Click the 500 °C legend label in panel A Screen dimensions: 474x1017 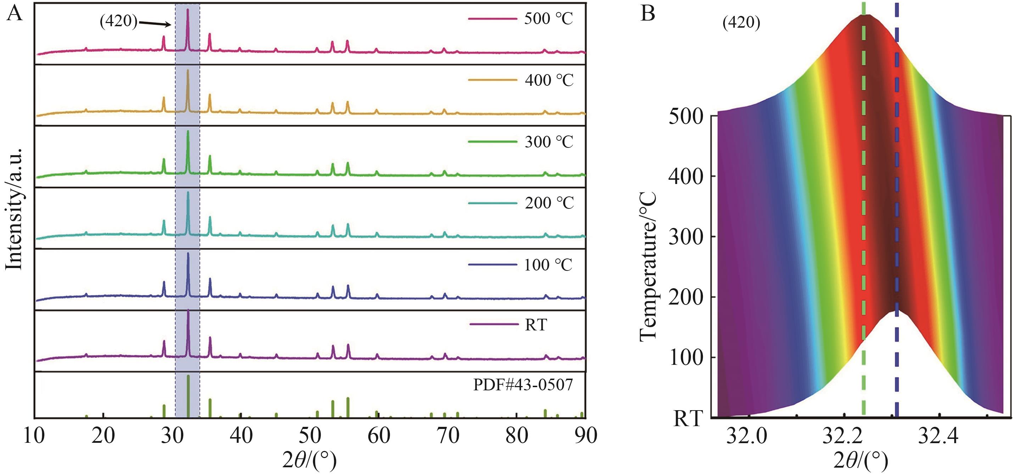(x=548, y=18)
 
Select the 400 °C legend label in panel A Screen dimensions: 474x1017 (x=549, y=80)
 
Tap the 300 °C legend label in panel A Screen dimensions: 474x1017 (x=549, y=142)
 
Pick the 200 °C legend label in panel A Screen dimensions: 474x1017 (x=549, y=203)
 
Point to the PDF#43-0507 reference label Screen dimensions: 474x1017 (x=523, y=385)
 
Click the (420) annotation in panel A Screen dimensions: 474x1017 (x=118, y=21)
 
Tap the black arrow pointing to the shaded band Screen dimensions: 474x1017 (x=155, y=24)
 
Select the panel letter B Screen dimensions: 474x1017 (x=648, y=14)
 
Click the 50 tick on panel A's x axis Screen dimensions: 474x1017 (x=310, y=436)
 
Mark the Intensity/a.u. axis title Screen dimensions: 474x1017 (x=14, y=210)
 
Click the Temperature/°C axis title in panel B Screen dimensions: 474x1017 (x=648, y=267)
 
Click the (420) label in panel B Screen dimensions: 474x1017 (x=741, y=23)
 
